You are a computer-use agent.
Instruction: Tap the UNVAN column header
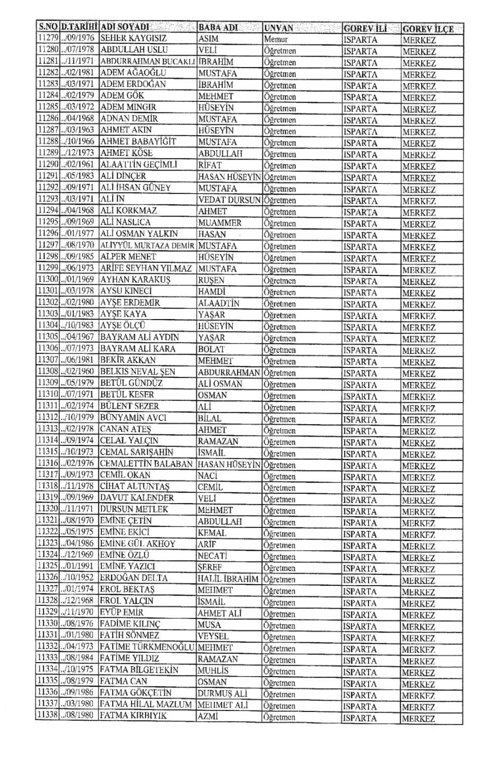click(x=279, y=28)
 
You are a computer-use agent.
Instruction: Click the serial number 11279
click(x=48, y=38)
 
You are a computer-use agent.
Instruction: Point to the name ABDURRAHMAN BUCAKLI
click(x=147, y=62)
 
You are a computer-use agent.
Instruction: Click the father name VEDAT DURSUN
click(x=229, y=200)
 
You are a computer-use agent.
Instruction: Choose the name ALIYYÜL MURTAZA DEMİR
click(x=147, y=246)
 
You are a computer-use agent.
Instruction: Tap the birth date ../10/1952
click(x=78, y=578)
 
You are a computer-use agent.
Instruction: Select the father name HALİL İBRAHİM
click(x=228, y=579)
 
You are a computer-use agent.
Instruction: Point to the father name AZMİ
click(x=207, y=717)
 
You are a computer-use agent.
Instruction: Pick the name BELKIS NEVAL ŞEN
click(x=137, y=372)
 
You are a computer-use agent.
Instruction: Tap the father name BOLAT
click(x=211, y=349)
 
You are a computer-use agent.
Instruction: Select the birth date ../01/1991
click(x=78, y=567)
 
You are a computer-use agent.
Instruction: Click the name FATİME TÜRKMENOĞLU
click(x=147, y=647)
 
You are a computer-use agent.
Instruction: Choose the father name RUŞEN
click(x=211, y=281)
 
